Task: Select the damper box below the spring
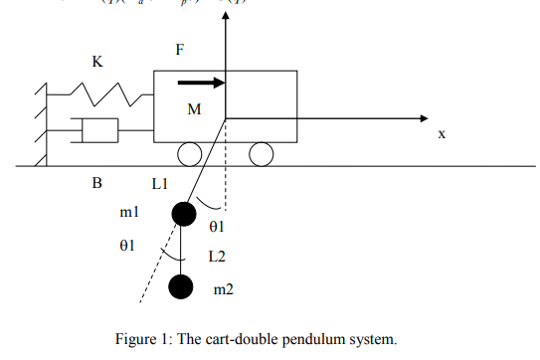[x=99, y=130]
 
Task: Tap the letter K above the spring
[x=97, y=62]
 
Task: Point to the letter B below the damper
[x=97, y=183]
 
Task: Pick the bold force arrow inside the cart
[x=200, y=84]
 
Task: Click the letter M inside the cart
[x=195, y=109]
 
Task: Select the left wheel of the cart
[x=190, y=154]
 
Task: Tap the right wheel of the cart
[x=262, y=154]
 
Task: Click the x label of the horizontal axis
[x=441, y=133]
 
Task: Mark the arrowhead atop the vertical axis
[x=227, y=21]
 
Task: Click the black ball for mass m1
[x=184, y=213]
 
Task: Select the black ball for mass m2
[x=180, y=287]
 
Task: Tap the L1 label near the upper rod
[x=161, y=184]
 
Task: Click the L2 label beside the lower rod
[x=217, y=257]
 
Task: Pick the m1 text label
[x=128, y=213]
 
